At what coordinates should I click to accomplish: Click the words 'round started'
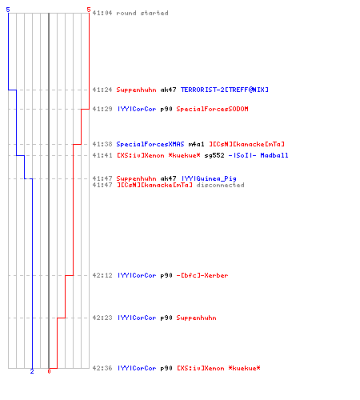point(142,13)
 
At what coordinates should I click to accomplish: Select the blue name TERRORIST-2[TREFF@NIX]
point(225,90)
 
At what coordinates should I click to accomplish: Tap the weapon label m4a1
point(196,144)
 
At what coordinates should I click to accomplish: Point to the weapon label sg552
point(214,155)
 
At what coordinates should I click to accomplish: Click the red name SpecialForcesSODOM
point(212,109)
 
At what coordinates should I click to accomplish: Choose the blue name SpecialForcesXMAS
point(150,144)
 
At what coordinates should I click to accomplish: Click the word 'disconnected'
point(220,185)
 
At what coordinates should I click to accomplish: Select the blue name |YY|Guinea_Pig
point(209,178)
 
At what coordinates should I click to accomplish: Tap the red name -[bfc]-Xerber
point(202,275)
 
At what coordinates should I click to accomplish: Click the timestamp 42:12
point(102,275)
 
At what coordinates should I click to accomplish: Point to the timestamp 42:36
point(102,368)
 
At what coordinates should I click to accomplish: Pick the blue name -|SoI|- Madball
point(258,155)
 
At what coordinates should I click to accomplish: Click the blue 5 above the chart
point(8,10)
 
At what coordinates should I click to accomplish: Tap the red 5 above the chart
point(89,10)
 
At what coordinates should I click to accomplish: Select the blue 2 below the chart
point(32,371)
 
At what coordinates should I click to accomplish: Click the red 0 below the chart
point(49,371)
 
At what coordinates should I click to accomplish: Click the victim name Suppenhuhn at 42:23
point(196,318)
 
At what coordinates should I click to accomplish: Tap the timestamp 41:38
point(102,144)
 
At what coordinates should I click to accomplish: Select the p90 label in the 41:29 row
point(166,109)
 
